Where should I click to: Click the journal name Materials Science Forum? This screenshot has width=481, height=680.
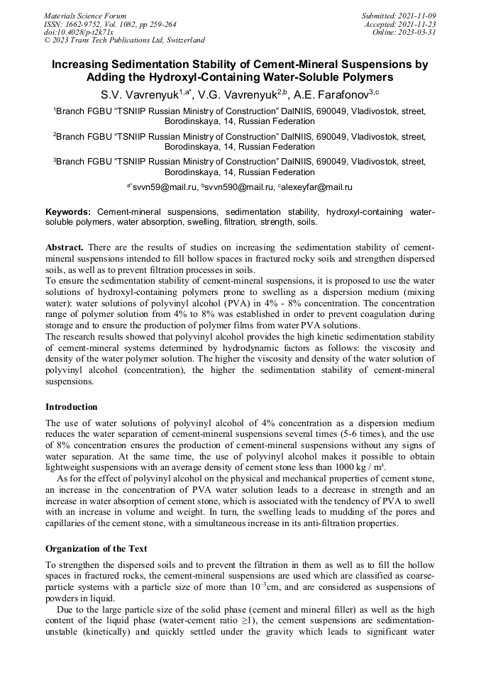(x=85, y=15)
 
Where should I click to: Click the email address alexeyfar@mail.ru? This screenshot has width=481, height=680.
(x=316, y=187)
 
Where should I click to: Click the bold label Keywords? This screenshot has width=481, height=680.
(x=68, y=212)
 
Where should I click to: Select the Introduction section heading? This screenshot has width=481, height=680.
(x=72, y=407)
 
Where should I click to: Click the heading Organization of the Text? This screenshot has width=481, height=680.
(x=96, y=548)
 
